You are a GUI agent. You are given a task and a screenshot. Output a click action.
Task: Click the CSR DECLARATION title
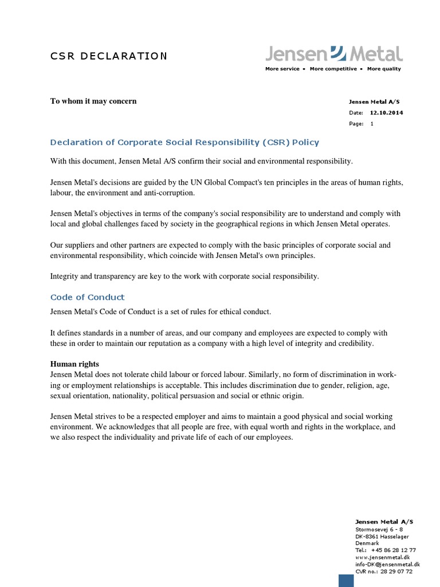point(109,56)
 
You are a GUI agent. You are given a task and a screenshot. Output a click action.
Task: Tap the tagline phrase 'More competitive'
point(333,69)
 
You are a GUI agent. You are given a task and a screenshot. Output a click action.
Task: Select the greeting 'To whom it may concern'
point(93,101)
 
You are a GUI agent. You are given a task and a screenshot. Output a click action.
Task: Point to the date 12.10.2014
point(386,113)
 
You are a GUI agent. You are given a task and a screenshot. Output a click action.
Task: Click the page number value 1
point(372,124)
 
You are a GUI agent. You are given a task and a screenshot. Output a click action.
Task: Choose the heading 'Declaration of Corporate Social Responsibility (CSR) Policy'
point(184,142)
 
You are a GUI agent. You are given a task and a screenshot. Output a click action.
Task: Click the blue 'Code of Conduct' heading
point(87,297)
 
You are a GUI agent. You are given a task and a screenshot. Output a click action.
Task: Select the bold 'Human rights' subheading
point(74,364)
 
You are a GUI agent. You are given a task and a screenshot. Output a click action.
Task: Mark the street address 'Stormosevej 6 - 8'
point(379,529)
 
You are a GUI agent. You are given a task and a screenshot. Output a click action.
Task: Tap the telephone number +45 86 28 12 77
point(393,550)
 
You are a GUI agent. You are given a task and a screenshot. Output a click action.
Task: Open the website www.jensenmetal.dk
point(382,557)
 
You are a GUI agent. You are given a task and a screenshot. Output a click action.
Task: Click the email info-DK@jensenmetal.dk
point(387,564)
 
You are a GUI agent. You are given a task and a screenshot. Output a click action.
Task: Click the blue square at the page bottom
point(346,580)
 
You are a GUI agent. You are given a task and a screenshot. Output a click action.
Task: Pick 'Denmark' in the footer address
point(367,543)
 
